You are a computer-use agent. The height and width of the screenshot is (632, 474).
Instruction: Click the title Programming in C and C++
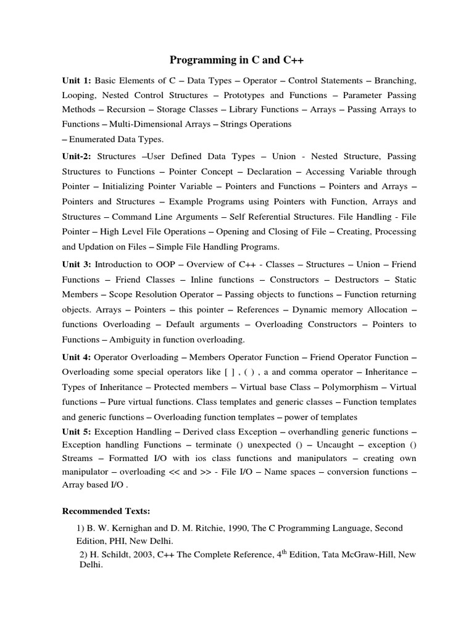[237, 60]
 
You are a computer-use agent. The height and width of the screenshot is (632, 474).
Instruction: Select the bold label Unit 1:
[76, 80]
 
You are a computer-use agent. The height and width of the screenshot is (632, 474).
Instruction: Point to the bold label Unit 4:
[76, 357]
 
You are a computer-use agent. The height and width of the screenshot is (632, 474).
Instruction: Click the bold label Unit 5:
[76, 432]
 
